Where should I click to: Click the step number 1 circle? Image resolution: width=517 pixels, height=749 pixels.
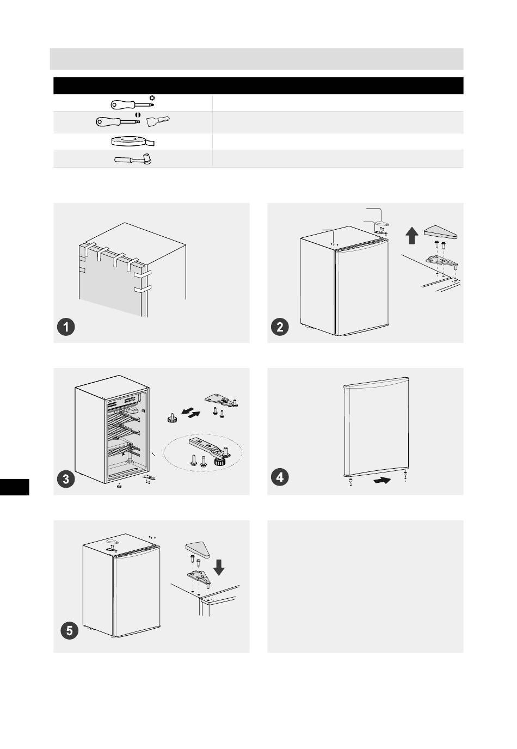(x=66, y=327)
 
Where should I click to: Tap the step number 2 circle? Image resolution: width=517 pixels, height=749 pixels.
(x=280, y=327)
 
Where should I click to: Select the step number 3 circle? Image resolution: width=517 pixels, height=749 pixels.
(x=66, y=479)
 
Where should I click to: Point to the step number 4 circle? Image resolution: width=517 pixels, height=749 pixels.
(x=280, y=477)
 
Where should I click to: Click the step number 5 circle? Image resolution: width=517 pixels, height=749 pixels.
(x=70, y=631)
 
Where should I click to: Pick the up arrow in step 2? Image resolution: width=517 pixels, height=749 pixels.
(x=412, y=235)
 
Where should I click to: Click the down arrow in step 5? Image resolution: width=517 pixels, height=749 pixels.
(x=219, y=567)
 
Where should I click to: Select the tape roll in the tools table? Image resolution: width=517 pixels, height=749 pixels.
(x=133, y=142)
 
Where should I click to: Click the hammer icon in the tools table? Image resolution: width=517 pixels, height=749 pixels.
(x=133, y=159)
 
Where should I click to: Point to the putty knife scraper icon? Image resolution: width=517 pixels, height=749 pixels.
(x=158, y=121)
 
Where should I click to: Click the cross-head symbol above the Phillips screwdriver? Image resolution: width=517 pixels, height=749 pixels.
(x=152, y=98)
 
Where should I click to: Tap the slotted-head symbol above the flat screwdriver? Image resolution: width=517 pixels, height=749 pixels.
(x=138, y=115)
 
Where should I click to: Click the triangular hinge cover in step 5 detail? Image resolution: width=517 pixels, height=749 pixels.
(x=198, y=550)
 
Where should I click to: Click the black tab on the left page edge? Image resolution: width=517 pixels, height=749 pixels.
(x=15, y=487)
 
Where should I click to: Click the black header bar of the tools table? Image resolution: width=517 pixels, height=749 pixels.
(x=258, y=85)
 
